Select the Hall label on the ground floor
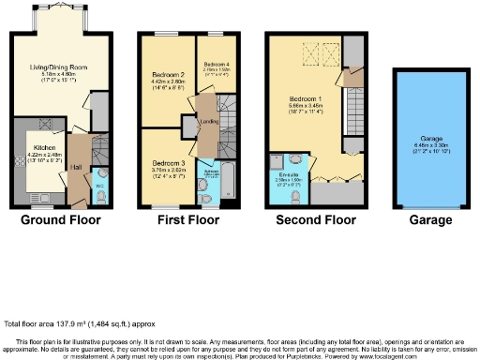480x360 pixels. [x=79, y=166]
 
